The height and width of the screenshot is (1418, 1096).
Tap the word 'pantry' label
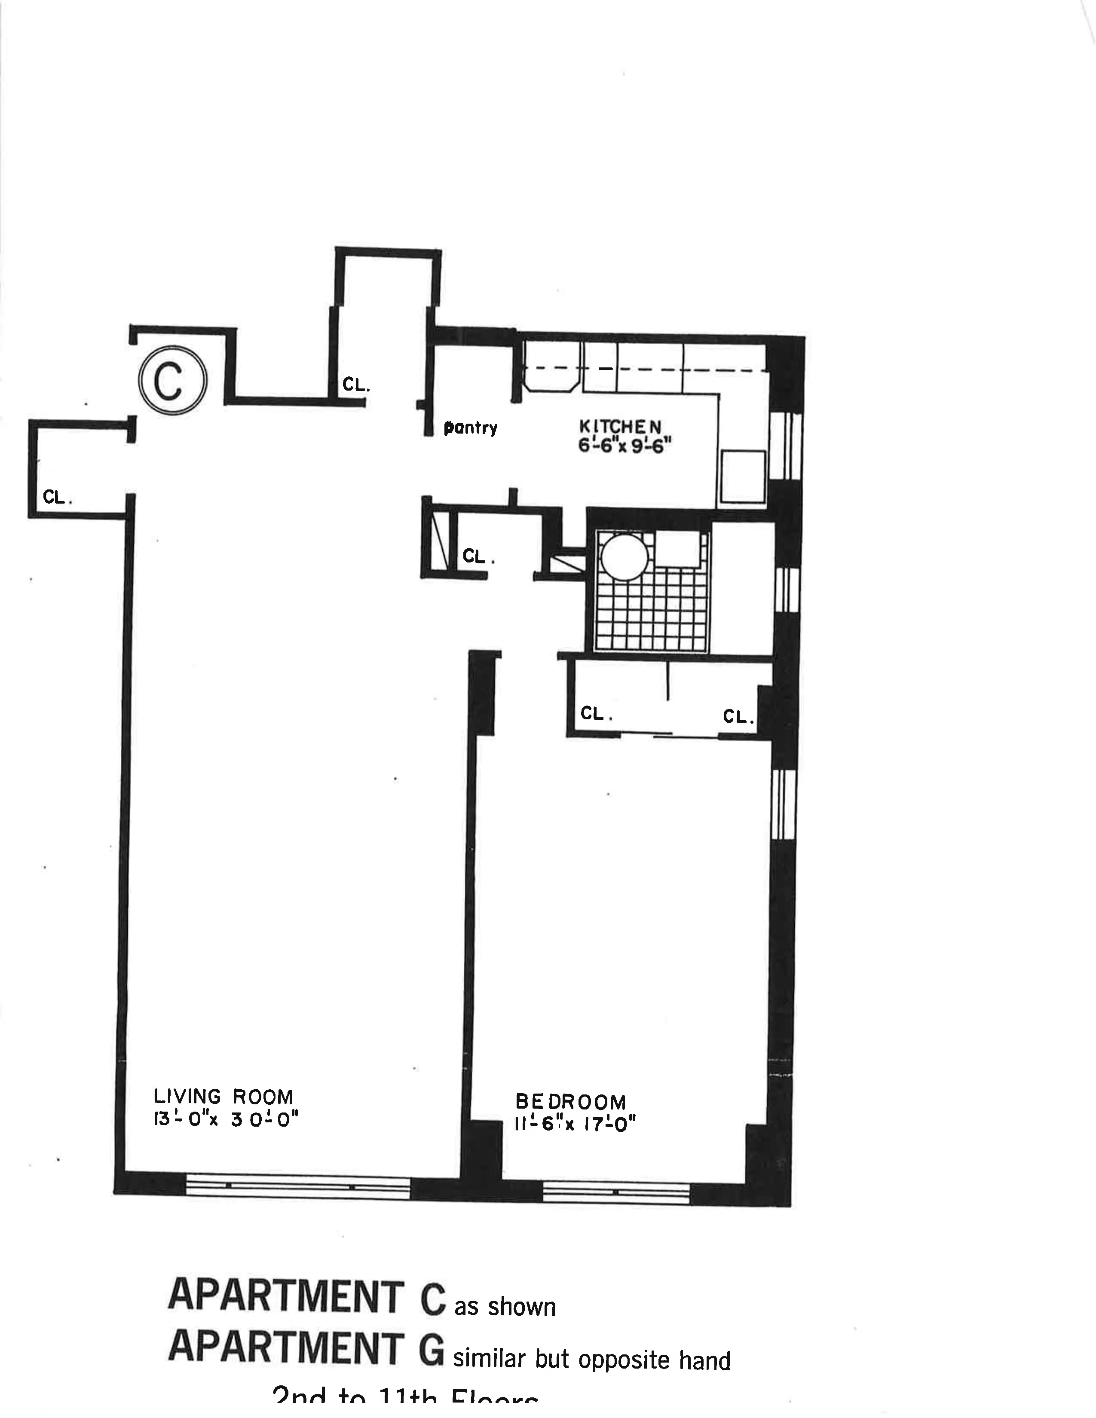click(470, 428)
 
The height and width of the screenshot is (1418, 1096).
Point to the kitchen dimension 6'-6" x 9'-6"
click(623, 447)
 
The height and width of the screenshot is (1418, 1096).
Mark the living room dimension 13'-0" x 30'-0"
click(225, 1121)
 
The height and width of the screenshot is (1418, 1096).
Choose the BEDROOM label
click(570, 1102)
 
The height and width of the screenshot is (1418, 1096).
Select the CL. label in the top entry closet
click(356, 385)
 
